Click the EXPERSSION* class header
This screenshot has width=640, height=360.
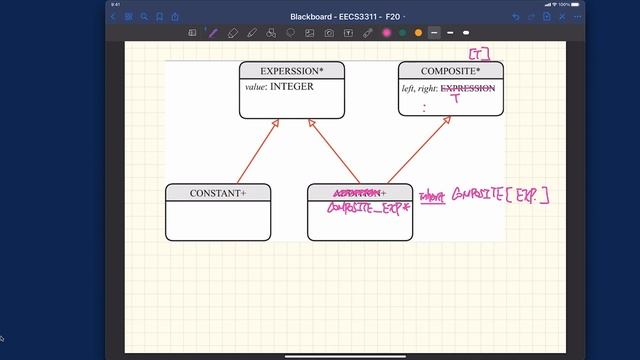(x=291, y=71)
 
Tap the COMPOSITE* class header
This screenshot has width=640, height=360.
(x=450, y=71)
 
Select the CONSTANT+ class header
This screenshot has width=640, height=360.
(x=217, y=193)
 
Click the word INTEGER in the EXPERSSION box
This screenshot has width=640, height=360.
(x=292, y=87)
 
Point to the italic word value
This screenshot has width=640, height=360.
(x=255, y=87)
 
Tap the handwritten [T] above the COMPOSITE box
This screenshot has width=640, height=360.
(x=480, y=53)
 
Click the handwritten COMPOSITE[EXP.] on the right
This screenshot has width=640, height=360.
(x=500, y=195)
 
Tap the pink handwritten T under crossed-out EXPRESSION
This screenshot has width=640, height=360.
(x=455, y=99)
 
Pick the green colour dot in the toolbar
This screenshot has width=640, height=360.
(x=401, y=33)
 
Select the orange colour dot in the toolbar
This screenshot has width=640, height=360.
(x=417, y=33)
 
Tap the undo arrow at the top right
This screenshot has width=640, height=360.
(x=516, y=16)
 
